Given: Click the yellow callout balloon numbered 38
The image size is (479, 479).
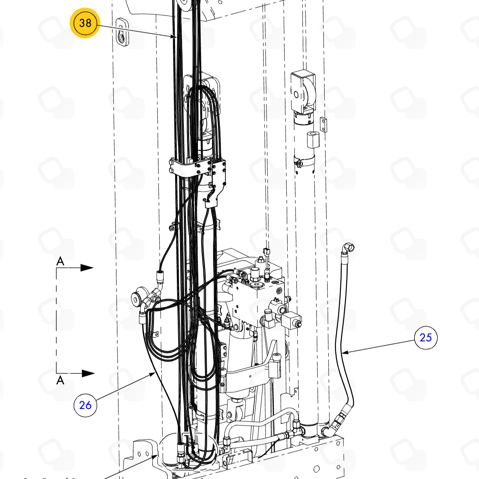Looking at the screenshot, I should [85, 23].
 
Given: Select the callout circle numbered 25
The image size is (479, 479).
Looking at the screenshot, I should [426, 337].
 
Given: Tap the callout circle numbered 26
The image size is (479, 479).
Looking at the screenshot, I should [85, 405].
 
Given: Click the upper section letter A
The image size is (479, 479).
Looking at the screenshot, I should [60, 261].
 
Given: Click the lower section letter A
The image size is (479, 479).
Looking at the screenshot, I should [60, 380].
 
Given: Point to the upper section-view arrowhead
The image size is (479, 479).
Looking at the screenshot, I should [87, 268].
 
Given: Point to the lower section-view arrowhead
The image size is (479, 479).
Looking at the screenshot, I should [88, 373].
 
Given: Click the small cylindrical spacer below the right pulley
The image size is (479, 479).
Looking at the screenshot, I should [313, 139].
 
